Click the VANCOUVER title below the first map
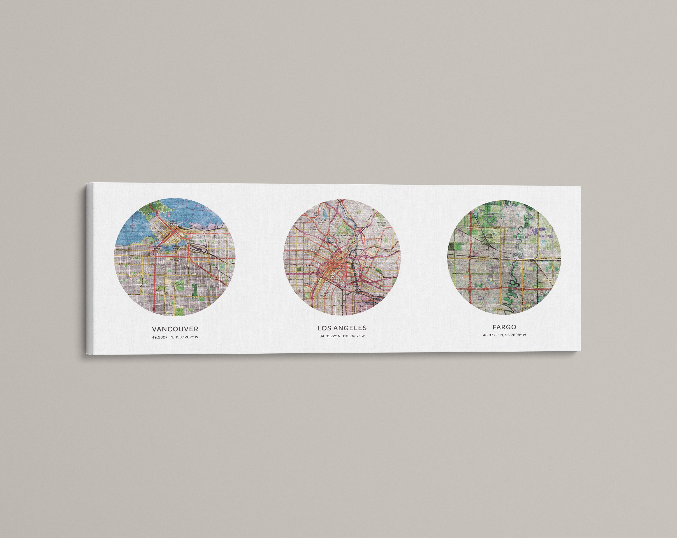click(175, 329)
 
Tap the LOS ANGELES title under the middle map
click(342, 328)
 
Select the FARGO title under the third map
click(504, 327)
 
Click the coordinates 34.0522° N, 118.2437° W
click(342, 336)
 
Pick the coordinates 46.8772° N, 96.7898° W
click(504, 335)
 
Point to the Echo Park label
click(331, 235)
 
